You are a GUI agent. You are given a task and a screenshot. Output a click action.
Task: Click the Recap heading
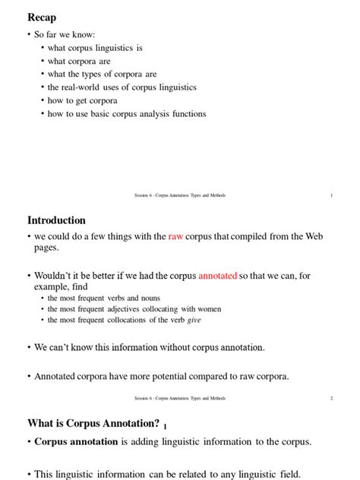pos(42,17)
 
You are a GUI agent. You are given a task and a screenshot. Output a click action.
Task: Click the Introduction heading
pos(56,220)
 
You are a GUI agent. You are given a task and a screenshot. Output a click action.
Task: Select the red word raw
pos(175,237)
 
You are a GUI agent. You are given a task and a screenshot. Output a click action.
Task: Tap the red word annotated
pos(217,275)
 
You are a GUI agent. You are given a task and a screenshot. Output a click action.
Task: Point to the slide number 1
pos(332,195)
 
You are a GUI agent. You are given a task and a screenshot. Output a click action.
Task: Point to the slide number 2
pos(332,398)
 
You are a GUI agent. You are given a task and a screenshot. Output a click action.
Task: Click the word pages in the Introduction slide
pos(47,248)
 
